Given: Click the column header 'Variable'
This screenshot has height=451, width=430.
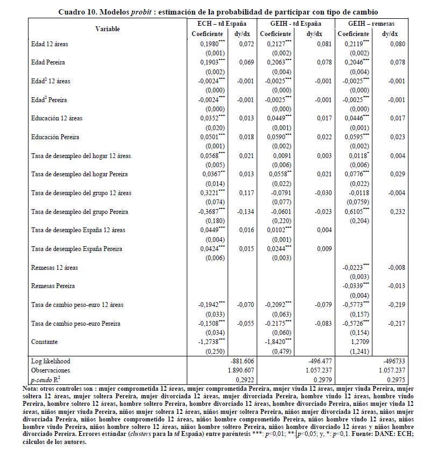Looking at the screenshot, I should tap(108, 28).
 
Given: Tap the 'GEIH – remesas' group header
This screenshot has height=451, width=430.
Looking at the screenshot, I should tap(370, 24).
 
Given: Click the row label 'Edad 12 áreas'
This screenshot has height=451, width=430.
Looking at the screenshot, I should tap(50, 44).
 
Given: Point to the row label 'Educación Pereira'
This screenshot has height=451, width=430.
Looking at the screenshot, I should tap(56, 137).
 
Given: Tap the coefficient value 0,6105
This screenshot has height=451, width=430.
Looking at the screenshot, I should tap(354, 211).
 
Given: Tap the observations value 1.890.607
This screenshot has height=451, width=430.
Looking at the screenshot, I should tap(240, 370).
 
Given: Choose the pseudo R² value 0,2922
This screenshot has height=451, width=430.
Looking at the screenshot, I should tap(244, 380).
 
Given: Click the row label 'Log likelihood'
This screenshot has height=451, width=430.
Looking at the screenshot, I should tap(51, 361).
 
